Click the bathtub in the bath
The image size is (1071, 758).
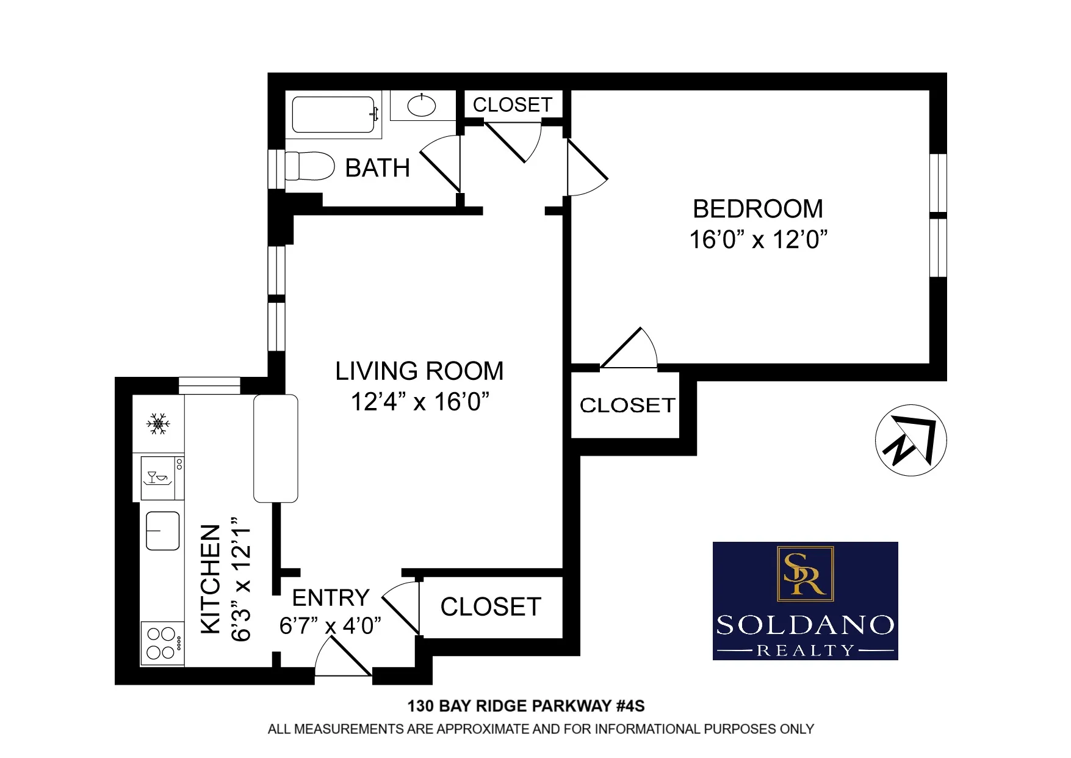tap(333, 115)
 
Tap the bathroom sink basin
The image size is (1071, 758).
tap(422, 106)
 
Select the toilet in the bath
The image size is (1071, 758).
tap(309, 166)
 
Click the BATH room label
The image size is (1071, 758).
tap(377, 168)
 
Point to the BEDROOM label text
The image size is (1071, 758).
tap(757, 209)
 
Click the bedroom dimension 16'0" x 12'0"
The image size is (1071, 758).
tap(757, 239)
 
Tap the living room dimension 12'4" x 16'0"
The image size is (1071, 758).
tap(420, 402)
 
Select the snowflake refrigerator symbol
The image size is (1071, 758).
tap(158, 423)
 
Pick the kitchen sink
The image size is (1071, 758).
tap(163, 530)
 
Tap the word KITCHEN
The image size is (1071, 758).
tap(211, 578)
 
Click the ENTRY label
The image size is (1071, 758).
tap(331, 597)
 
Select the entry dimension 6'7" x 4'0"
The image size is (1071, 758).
tap(330, 626)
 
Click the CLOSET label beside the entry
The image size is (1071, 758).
tap(491, 607)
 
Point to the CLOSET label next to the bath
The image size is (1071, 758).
tap(513, 105)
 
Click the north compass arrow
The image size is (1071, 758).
tap(911, 440)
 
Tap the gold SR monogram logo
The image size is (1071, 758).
tap(804, 574)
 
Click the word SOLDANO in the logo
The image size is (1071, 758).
tap(805, 625)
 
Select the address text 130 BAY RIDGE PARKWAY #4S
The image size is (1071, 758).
tap(525, 706)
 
